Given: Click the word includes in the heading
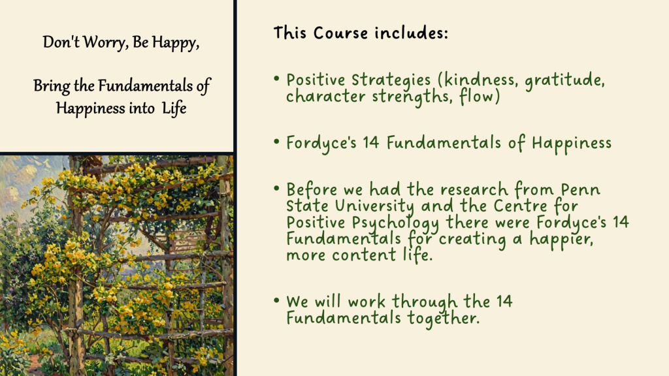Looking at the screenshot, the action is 412,33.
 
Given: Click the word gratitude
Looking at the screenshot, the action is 564,80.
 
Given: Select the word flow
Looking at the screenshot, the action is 480,97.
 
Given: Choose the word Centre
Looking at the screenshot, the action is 520,206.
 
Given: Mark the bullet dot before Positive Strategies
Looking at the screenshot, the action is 276,78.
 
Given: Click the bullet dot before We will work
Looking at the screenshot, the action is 276,300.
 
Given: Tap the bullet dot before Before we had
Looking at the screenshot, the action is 276,188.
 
